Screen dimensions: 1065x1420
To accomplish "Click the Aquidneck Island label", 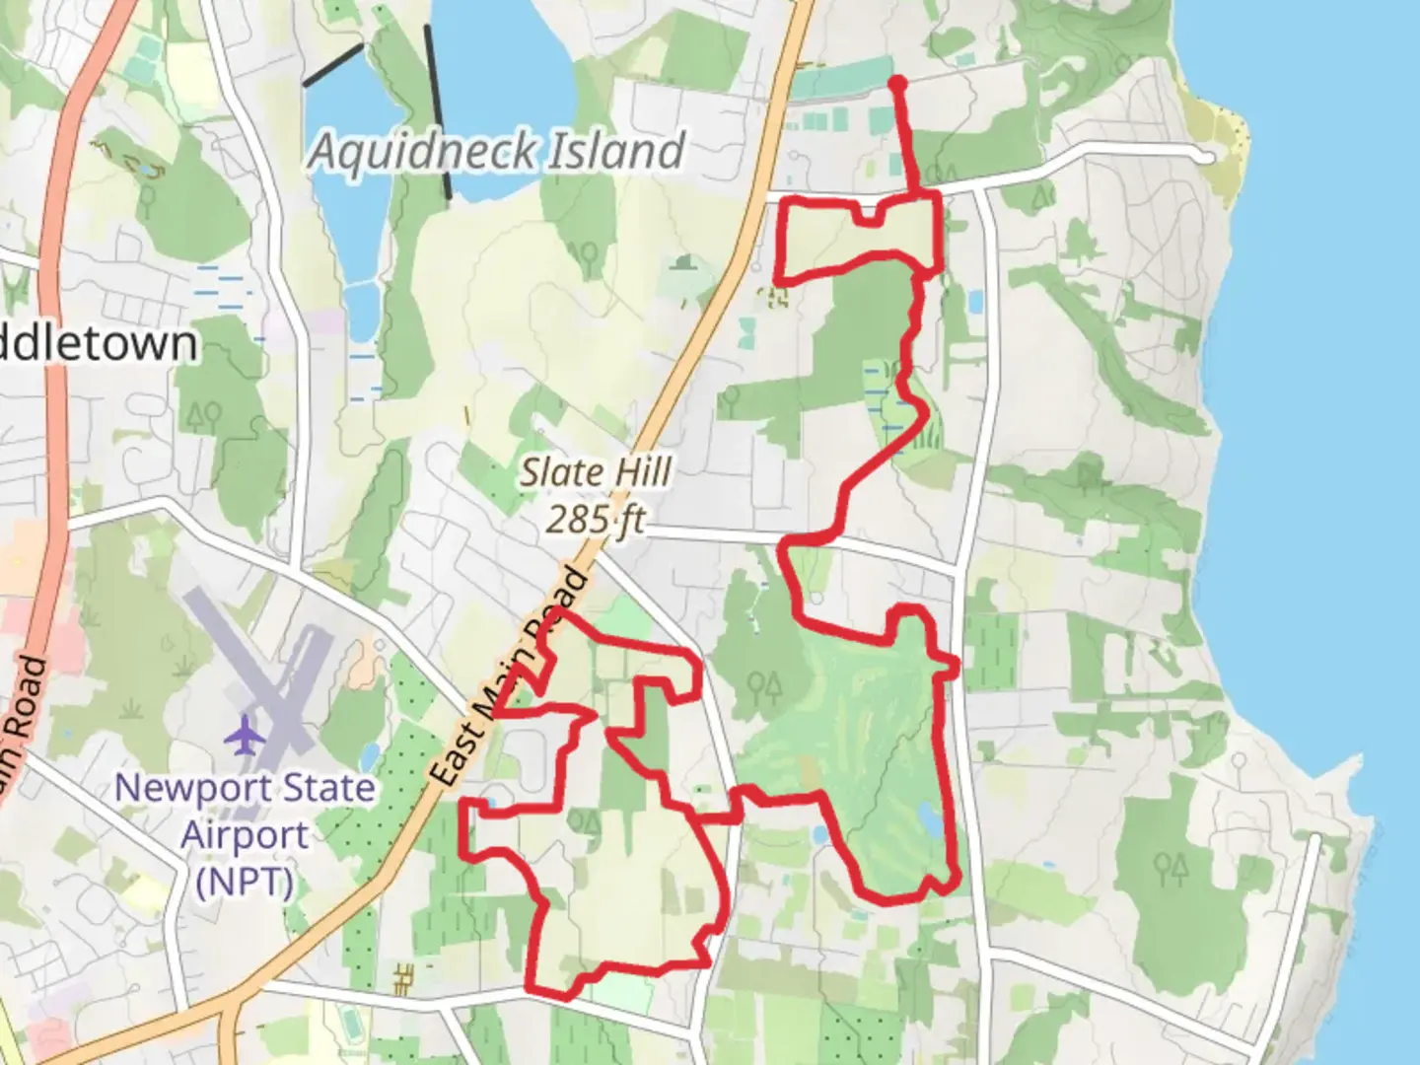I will (496, 152).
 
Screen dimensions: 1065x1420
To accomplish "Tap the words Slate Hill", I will (596, 472).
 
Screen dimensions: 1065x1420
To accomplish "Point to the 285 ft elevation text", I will (596, 518).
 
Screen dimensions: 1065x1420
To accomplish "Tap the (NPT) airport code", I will (245, 881).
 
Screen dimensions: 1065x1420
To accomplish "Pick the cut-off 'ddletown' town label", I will (99, 344).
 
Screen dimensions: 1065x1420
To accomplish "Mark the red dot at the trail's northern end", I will (897, 83).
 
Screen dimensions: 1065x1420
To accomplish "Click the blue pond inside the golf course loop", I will (928, 816).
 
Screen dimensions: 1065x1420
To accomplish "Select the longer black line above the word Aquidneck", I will (439, 111).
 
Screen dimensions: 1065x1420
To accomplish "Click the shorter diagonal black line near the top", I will (332, 65).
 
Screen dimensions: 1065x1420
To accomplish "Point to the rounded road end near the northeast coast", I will (1205, 155).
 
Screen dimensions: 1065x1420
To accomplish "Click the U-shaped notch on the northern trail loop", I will (867, 215).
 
